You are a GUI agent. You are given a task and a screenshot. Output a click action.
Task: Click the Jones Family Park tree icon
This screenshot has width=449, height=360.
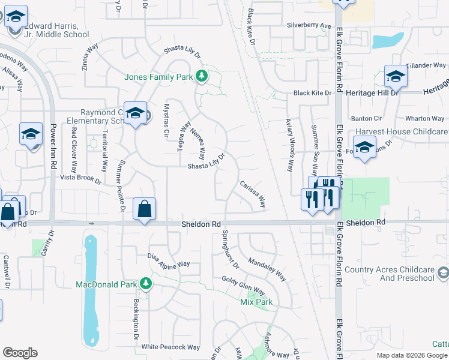point(202,77)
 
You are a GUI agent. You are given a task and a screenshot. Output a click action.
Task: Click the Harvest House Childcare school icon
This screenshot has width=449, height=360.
point(364,147)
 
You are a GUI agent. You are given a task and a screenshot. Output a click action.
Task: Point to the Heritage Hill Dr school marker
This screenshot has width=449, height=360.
point(396,76)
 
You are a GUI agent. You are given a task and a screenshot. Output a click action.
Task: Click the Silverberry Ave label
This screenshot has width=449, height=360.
point(309,26)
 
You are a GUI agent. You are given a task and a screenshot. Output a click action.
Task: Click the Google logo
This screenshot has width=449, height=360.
point(20,353)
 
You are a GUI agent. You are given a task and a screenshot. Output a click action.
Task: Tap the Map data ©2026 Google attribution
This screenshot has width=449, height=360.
point(412,355)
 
